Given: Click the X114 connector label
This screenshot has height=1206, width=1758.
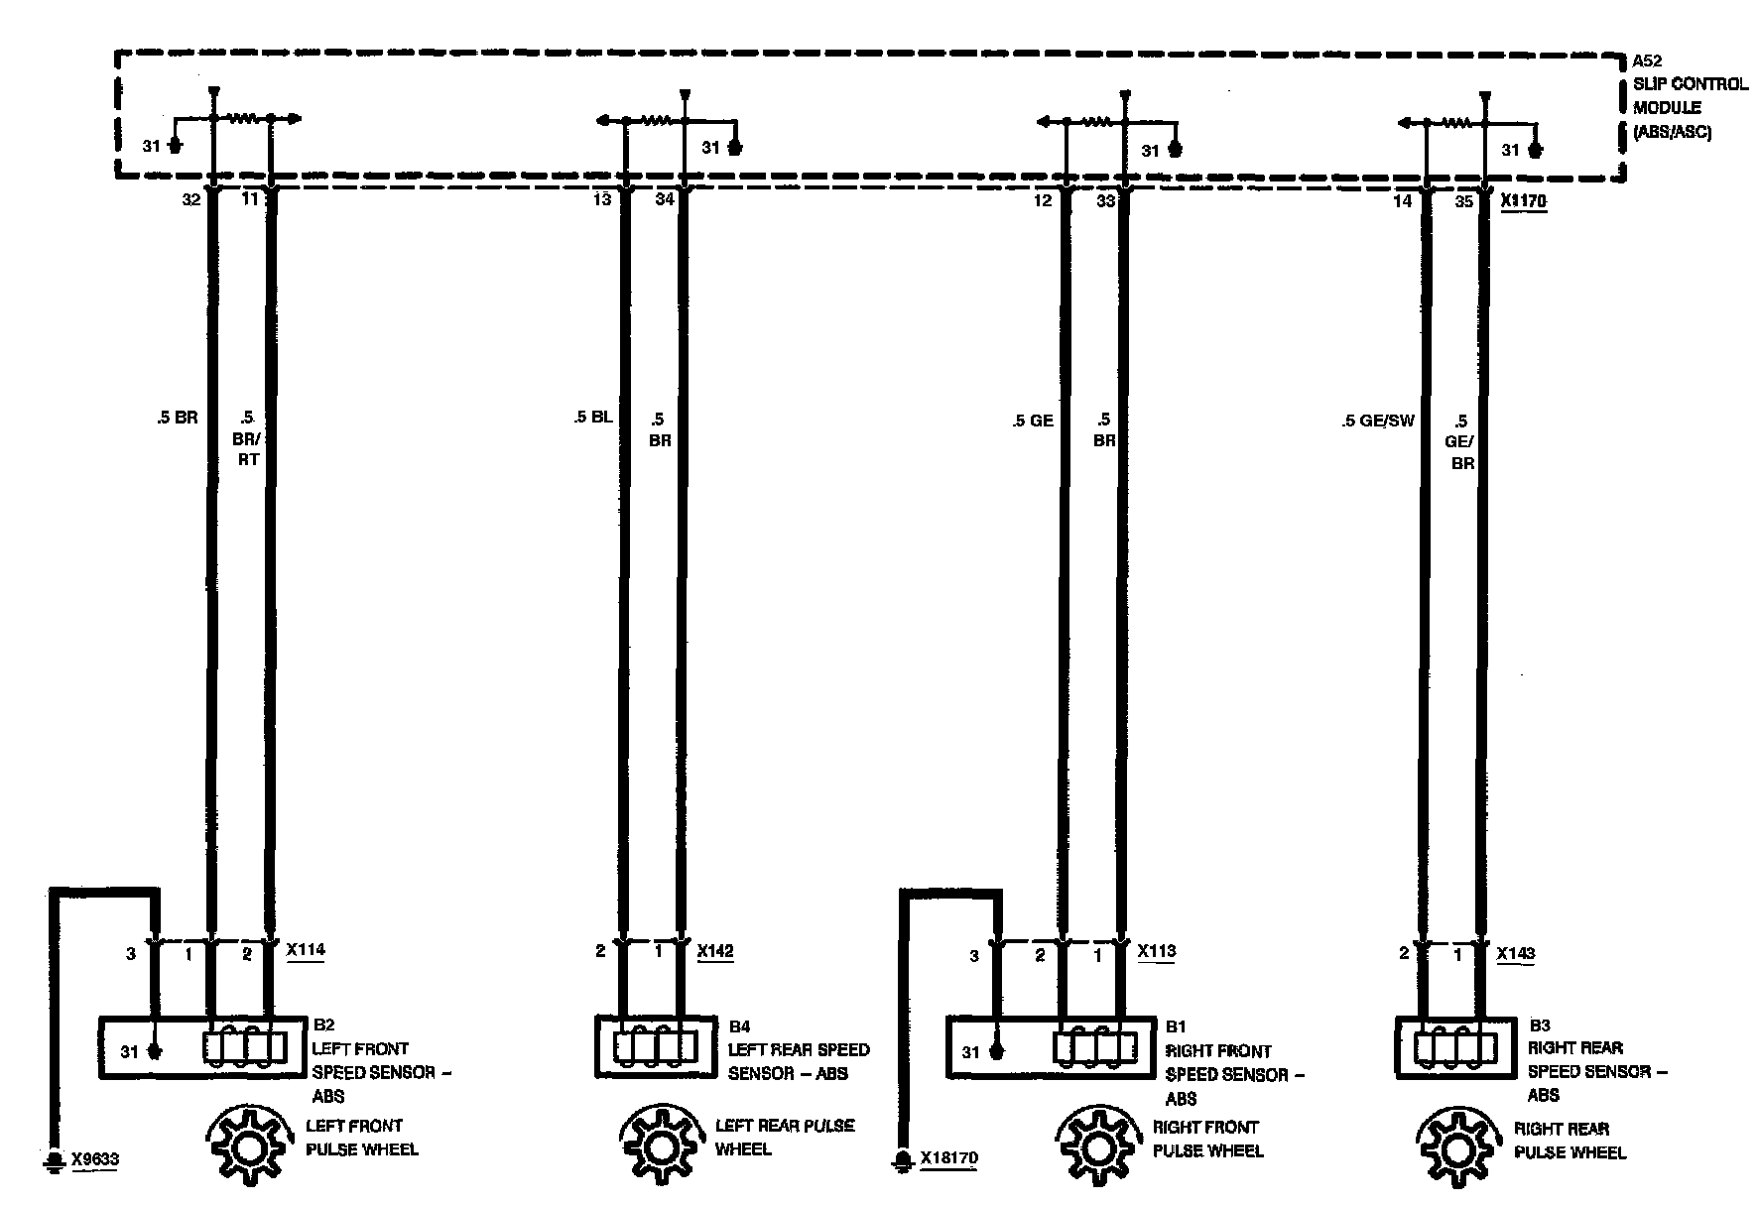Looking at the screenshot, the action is coord(306,950).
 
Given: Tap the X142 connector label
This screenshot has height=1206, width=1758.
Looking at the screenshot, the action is coord(715,951).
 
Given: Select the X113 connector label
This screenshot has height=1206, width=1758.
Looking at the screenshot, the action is coord(1156,951).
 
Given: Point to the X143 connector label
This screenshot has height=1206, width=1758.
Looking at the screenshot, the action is coord(1515,953).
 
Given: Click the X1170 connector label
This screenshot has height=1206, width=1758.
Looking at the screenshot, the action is coord(1523,201).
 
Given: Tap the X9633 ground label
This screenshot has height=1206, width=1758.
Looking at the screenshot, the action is coord(94,1158).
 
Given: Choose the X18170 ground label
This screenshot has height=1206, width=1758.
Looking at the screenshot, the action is coord(949,1158).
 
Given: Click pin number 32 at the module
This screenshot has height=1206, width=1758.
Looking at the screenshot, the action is coord(190,199).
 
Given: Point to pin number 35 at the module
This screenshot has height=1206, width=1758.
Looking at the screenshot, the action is coord(1463,201).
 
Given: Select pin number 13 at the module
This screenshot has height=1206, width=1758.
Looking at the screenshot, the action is coord(602,199).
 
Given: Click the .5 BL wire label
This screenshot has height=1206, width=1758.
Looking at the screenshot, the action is coord(592,418).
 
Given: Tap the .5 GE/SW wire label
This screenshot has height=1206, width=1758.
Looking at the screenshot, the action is coord(1377,421).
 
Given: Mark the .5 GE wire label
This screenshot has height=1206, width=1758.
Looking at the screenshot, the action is coord(1033,421).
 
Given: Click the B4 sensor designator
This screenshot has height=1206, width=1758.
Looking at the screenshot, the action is coord(739,1026).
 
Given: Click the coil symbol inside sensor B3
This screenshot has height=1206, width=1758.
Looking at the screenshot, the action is coord(1455,1049).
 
